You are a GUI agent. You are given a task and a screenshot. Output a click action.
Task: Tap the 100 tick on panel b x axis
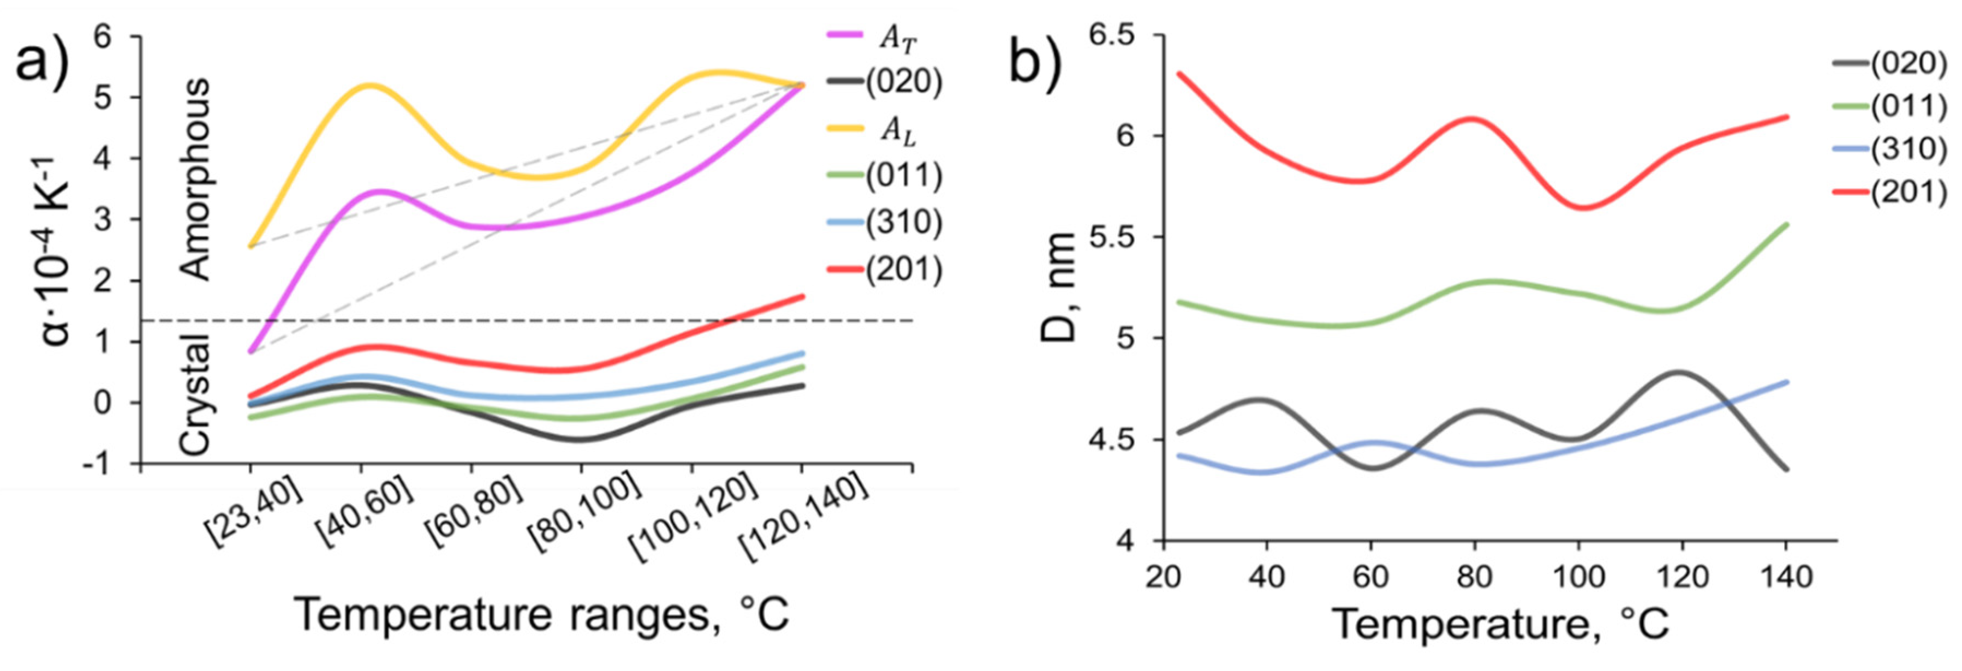tap(1579, 577)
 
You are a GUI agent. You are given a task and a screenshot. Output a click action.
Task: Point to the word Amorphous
tap(196, 179)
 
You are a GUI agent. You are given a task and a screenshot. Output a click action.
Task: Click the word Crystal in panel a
tap(196, 394)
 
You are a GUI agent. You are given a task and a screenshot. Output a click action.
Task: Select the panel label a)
tap(44, 57)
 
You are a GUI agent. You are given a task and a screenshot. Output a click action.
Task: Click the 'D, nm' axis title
tap(1059, 288)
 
